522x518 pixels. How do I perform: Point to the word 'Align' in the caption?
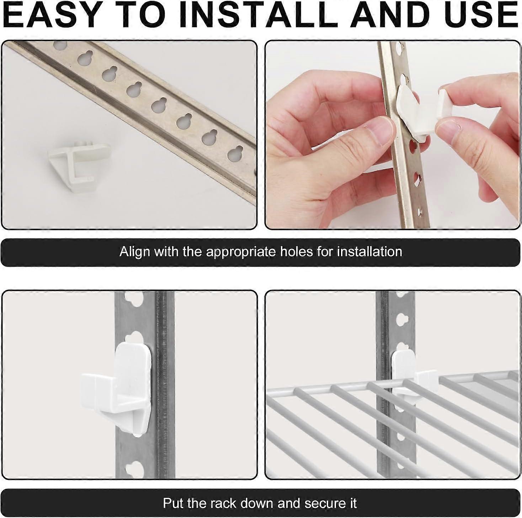[134, 252]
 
